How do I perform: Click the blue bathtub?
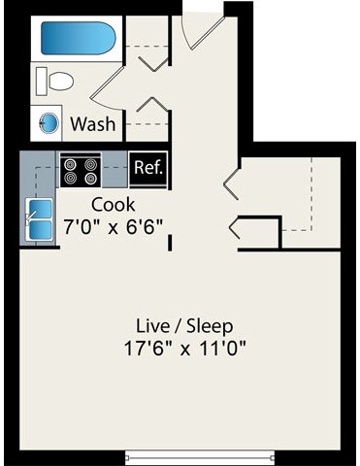click(x=78, y=40)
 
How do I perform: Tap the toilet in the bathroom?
click(x=59, y=82)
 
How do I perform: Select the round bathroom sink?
click(x=48, y=123)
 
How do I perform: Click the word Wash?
click(x=93, y=124)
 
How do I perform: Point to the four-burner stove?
click(x=81, y=171)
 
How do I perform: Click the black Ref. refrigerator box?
click(x=148, y=168)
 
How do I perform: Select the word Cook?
click(x=113, y=205)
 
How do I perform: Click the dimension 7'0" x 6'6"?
click(x=113, y=226)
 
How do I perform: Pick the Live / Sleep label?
click(x=184, y=325)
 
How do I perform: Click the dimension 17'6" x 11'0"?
click(x=184, y=348)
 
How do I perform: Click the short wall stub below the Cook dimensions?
click(x=171, y=241)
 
